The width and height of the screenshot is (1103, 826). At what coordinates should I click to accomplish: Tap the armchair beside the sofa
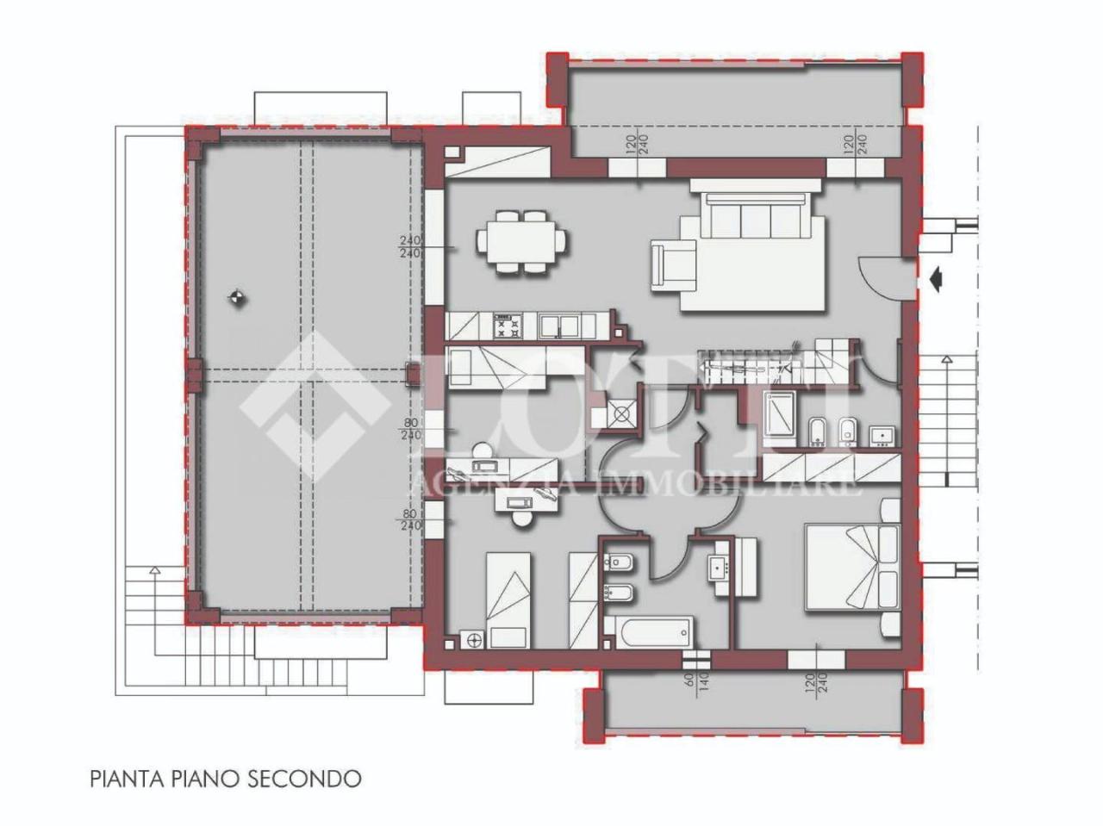point(671,264)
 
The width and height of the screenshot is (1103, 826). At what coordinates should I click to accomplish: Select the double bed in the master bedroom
point(844,567)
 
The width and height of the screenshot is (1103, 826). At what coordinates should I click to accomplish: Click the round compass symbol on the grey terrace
point(237,299)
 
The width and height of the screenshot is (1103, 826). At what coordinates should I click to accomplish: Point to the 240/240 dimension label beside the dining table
point(410,247)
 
